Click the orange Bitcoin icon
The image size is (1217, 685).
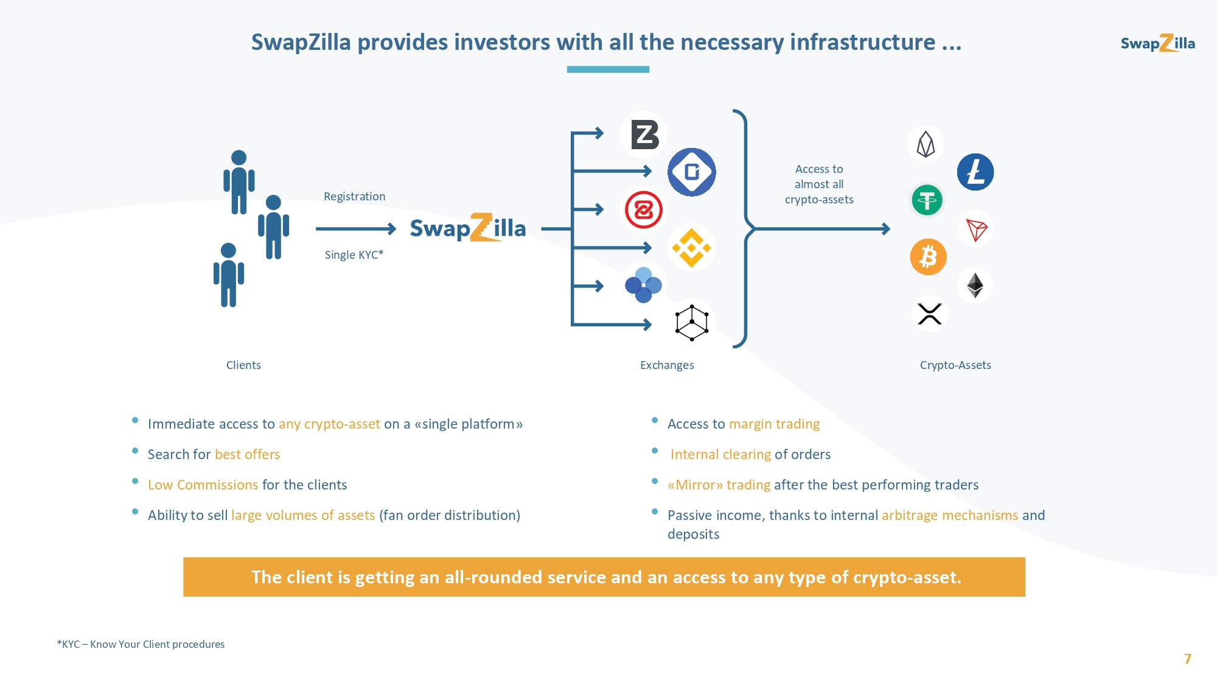[928, 257]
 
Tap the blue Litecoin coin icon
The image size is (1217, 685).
[975, 172]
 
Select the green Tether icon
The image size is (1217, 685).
[927, 200]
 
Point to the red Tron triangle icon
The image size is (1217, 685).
[976, 230]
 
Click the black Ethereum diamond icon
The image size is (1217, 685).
[975, 285]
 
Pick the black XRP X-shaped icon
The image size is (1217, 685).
[930, 314]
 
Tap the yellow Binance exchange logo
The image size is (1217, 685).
[691, 248]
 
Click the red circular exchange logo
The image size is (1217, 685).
[644, 210]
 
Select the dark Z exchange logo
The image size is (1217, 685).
[644, 135]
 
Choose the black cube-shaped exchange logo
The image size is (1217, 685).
[692, 323]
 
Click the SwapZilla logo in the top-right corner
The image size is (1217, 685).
[1158, 43]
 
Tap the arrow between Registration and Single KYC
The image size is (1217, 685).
[356, 229]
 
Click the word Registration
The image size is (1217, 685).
[355, 197]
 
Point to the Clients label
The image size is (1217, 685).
[243, 365]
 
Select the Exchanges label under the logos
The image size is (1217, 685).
[667, 365]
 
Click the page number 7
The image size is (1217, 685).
[1188, 659]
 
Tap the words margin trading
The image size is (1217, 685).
[774, 424]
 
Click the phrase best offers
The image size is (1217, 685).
[248, 454]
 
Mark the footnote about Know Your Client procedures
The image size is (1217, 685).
[141, 644]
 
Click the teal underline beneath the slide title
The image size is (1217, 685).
[608, 69]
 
